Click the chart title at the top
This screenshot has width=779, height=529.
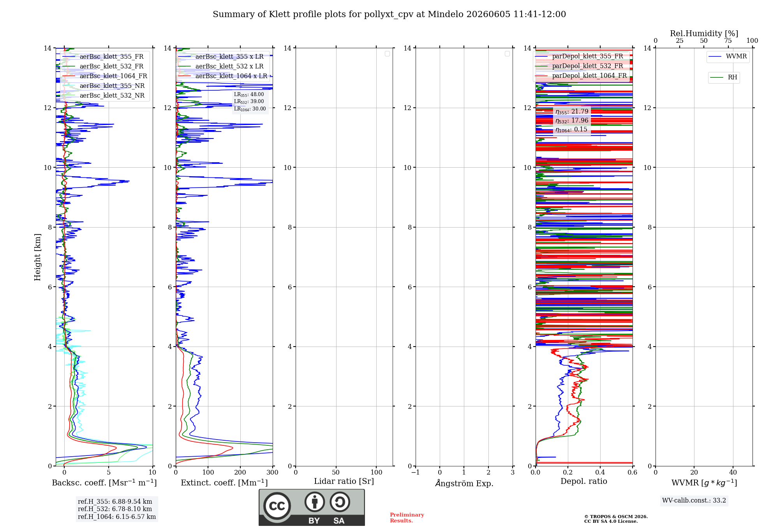[389, 14]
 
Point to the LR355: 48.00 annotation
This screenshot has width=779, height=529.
[249, 95]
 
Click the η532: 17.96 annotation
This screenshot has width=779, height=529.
[572, 121]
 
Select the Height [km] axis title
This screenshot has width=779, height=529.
[37, 257]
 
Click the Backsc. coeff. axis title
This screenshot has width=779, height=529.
[104, 483]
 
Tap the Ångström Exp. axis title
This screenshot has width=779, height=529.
[464, 483]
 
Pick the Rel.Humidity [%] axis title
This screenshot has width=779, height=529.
[704, 33]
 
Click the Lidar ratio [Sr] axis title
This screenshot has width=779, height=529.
[344, 482]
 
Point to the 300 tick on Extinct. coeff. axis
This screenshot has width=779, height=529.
[273, 473]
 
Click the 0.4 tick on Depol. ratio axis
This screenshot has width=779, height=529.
[600, 473]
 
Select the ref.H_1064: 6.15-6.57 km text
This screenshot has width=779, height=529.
[117, 517]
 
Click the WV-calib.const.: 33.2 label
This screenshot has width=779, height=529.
[694, 501]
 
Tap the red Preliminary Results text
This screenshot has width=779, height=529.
[407, 518]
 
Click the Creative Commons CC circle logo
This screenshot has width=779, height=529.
[277, 506]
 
